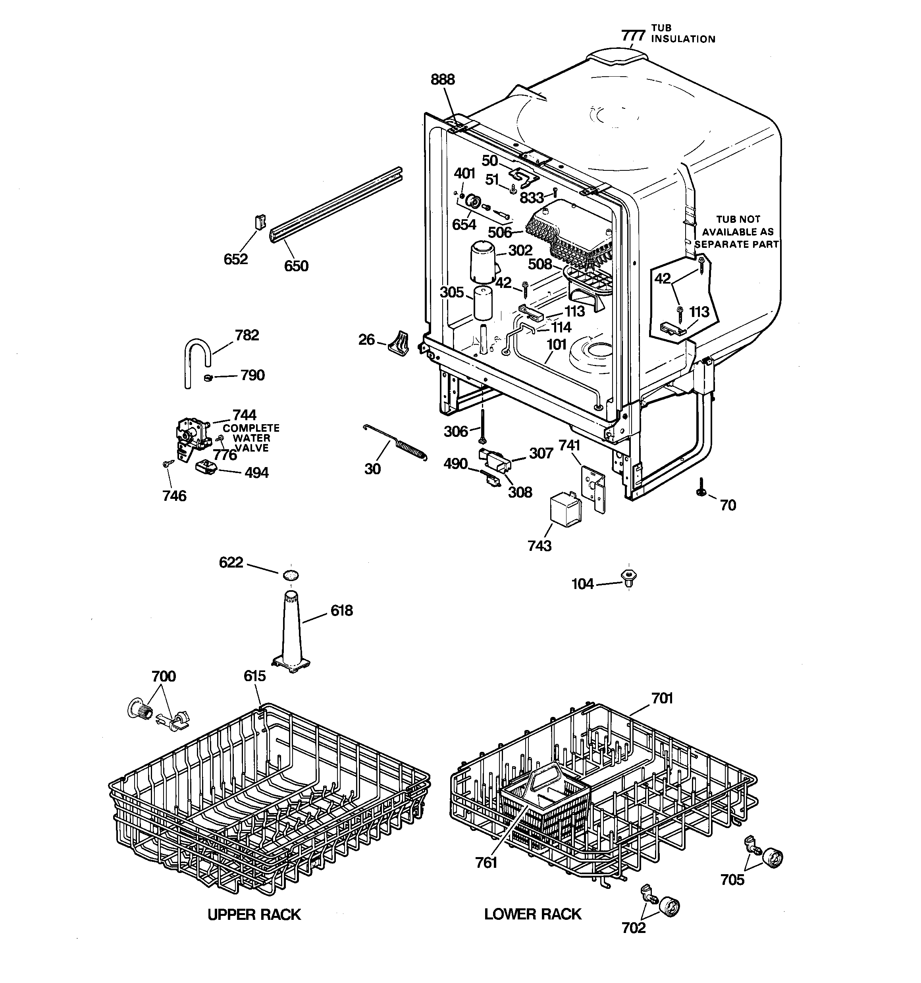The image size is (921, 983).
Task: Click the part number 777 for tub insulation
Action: click(633, 36)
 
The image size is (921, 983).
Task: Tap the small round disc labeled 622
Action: click(291, 575)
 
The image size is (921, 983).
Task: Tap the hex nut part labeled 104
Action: click(628, 577)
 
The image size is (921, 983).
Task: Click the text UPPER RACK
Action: click(254, 915)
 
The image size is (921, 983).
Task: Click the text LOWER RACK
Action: click(532, 914)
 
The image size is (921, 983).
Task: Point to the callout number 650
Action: click(296, 266)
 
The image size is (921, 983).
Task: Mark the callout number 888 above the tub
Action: click(443, 79)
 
